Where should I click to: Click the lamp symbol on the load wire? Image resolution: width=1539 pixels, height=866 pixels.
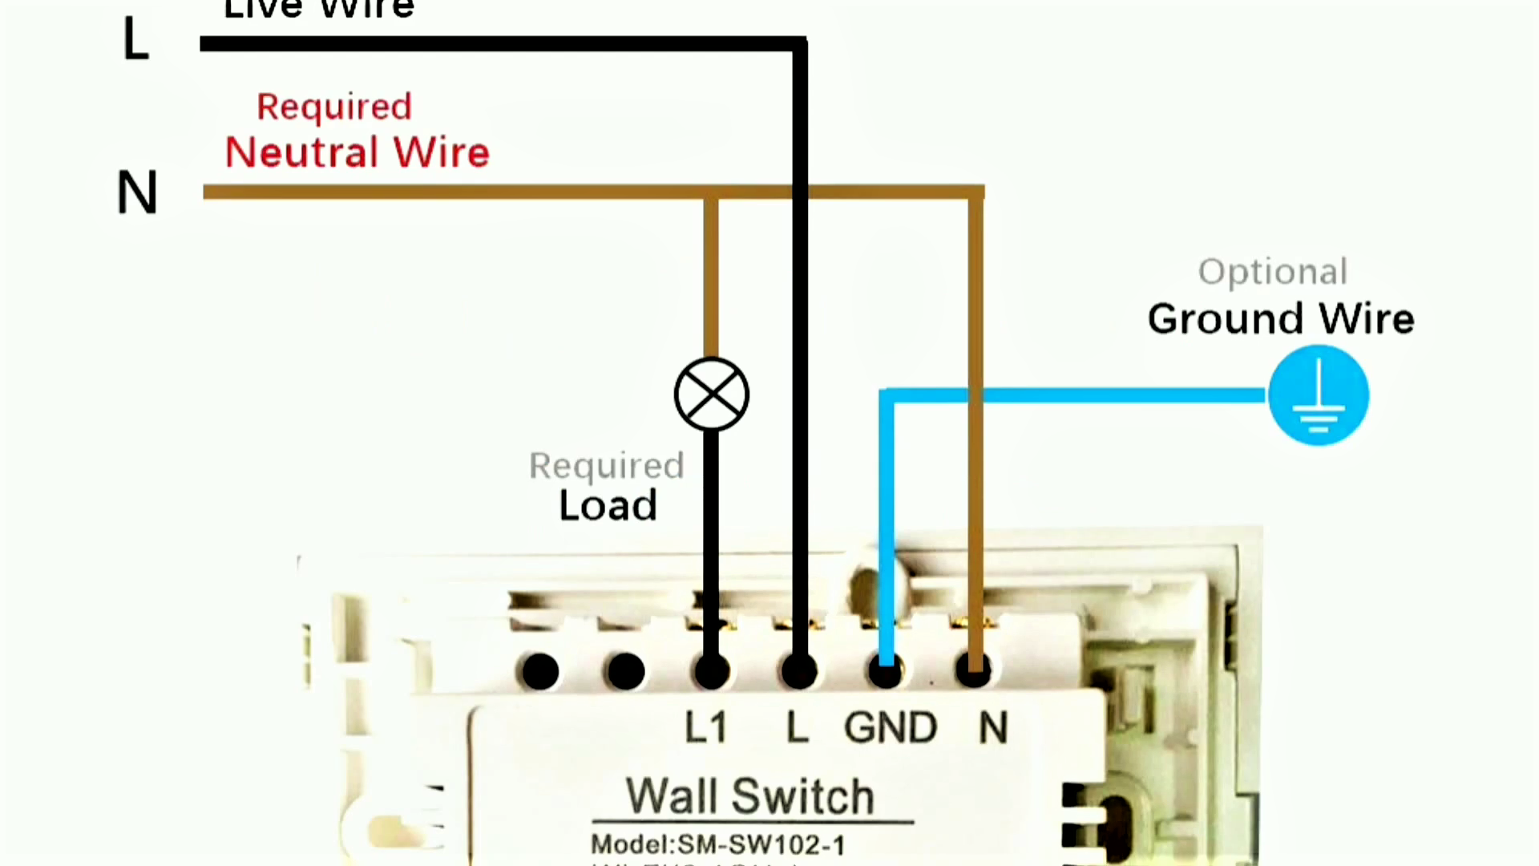pos(711,395)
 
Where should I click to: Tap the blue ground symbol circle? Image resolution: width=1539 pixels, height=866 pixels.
pos(1318,395)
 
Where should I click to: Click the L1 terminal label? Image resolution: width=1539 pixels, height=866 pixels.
pos(705,728)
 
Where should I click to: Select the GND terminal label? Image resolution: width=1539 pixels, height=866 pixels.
pos(890,728)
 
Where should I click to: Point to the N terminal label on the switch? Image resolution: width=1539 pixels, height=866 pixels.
pos(992,728)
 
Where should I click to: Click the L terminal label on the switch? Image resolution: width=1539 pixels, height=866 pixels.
pos(797,728)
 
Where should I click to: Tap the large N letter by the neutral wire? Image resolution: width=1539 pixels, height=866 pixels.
pos(137,193)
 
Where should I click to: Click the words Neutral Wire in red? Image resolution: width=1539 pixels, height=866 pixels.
pos(357,152)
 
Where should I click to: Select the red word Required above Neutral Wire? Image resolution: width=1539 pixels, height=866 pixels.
pos(334,107)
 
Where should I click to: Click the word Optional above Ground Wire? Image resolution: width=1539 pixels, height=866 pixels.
pos(1272,272)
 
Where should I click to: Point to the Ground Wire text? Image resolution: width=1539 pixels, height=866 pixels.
pos(1280,318)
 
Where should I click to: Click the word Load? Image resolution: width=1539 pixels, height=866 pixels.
pos(608,506)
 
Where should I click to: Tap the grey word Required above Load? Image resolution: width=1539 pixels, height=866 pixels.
pos(606,466)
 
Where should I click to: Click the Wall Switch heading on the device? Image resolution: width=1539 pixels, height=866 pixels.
pos(749,796)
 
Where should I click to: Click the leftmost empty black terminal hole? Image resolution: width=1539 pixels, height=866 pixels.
pos(540,671)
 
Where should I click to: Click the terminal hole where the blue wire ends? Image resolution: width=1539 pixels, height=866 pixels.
pos(886,671)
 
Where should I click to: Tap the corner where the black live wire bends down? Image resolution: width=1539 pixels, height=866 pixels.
pos(799,44)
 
